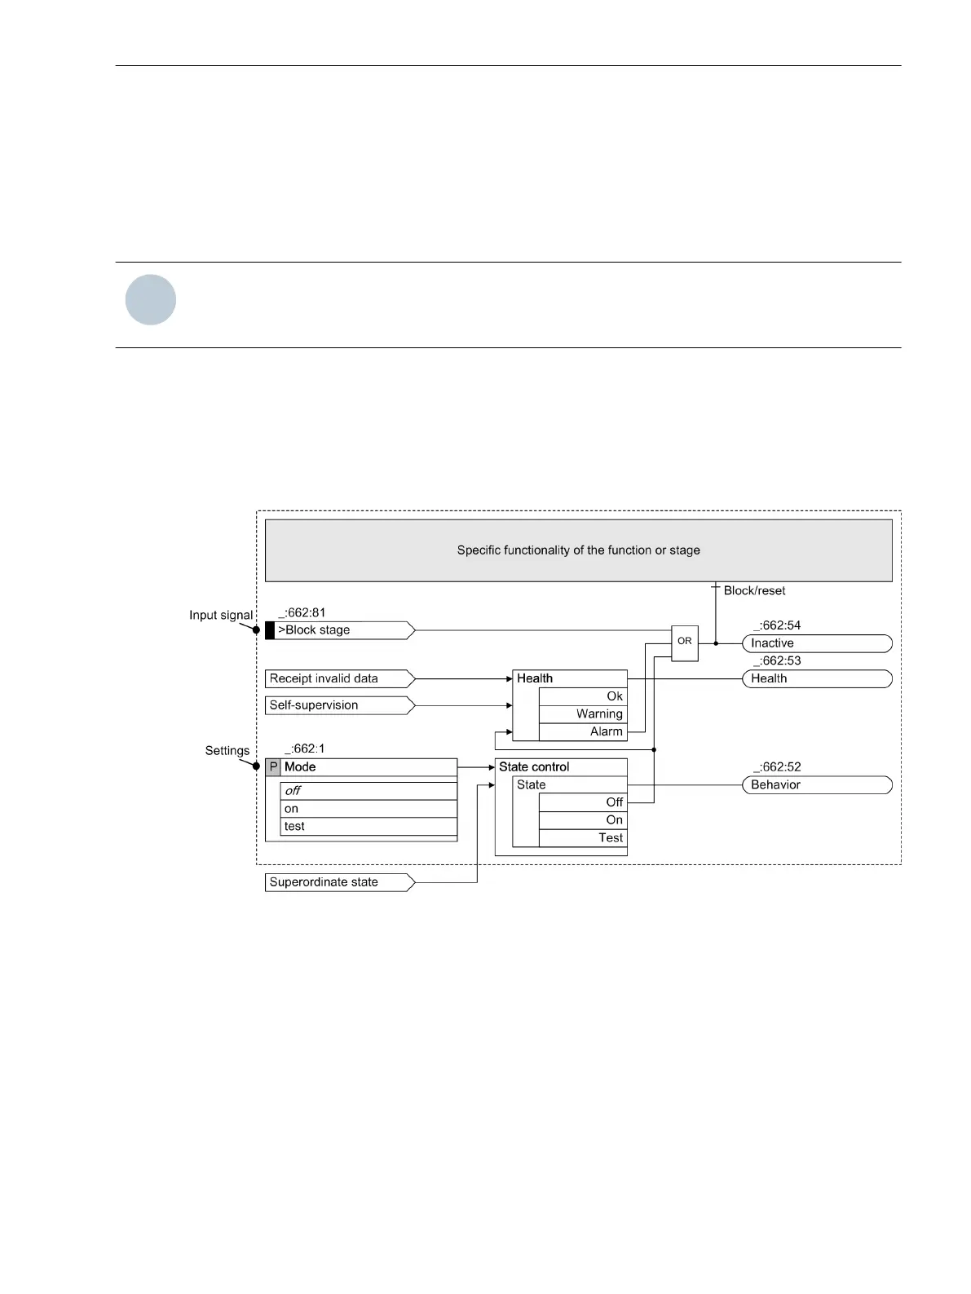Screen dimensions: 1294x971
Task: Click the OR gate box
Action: (x=684, y=642)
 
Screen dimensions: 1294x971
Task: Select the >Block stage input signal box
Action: (x=339, y=630)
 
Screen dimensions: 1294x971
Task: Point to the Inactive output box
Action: (x=816, y=643)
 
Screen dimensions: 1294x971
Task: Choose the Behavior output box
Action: (x=816, y=785)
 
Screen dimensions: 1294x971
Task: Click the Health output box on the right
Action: (x=816, y=678)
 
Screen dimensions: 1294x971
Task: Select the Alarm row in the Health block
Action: (x=583, y=731)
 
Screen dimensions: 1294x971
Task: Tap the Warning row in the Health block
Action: (x=583, y=714)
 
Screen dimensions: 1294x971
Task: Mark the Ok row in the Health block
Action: (x=583, y=696)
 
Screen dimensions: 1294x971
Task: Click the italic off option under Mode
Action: (x=369, y=791)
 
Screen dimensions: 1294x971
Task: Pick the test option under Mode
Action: (x=369, y=826)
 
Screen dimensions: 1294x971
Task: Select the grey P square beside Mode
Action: (x=273, y=767)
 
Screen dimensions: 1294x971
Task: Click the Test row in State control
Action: (x=583, y=838)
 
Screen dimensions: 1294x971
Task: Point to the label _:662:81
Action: (x=302, y=613)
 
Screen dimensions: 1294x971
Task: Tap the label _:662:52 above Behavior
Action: (x=776, y=767)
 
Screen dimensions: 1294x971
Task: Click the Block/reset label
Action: (x=754, y=591)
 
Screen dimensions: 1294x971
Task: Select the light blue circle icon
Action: (x=151, y=300)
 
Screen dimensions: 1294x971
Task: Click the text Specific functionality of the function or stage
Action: (x=578, y=550)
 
